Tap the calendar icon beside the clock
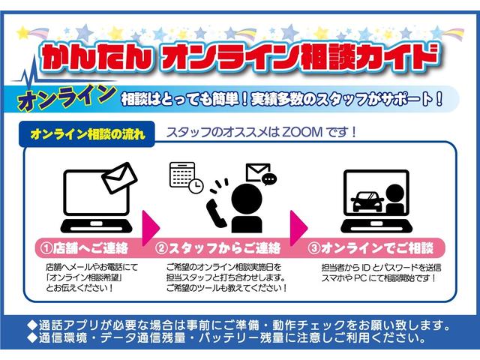181,174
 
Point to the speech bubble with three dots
268,179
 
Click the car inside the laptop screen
366,200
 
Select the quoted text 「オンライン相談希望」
82,277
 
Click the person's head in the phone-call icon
245,196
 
